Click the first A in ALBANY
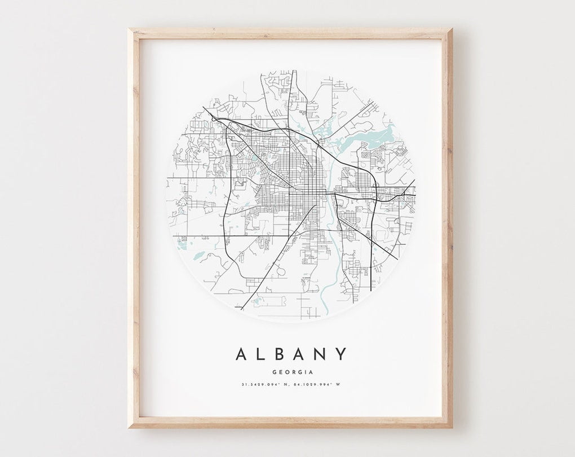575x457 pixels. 241,354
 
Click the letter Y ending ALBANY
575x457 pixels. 340,354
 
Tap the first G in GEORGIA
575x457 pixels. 273,371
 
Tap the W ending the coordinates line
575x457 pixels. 339,385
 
